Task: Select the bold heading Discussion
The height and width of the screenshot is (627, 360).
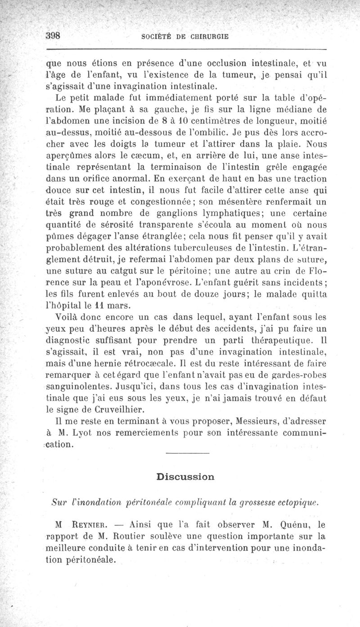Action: tap(185, 476)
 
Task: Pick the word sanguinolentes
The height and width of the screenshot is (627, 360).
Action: tap(77, 385)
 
